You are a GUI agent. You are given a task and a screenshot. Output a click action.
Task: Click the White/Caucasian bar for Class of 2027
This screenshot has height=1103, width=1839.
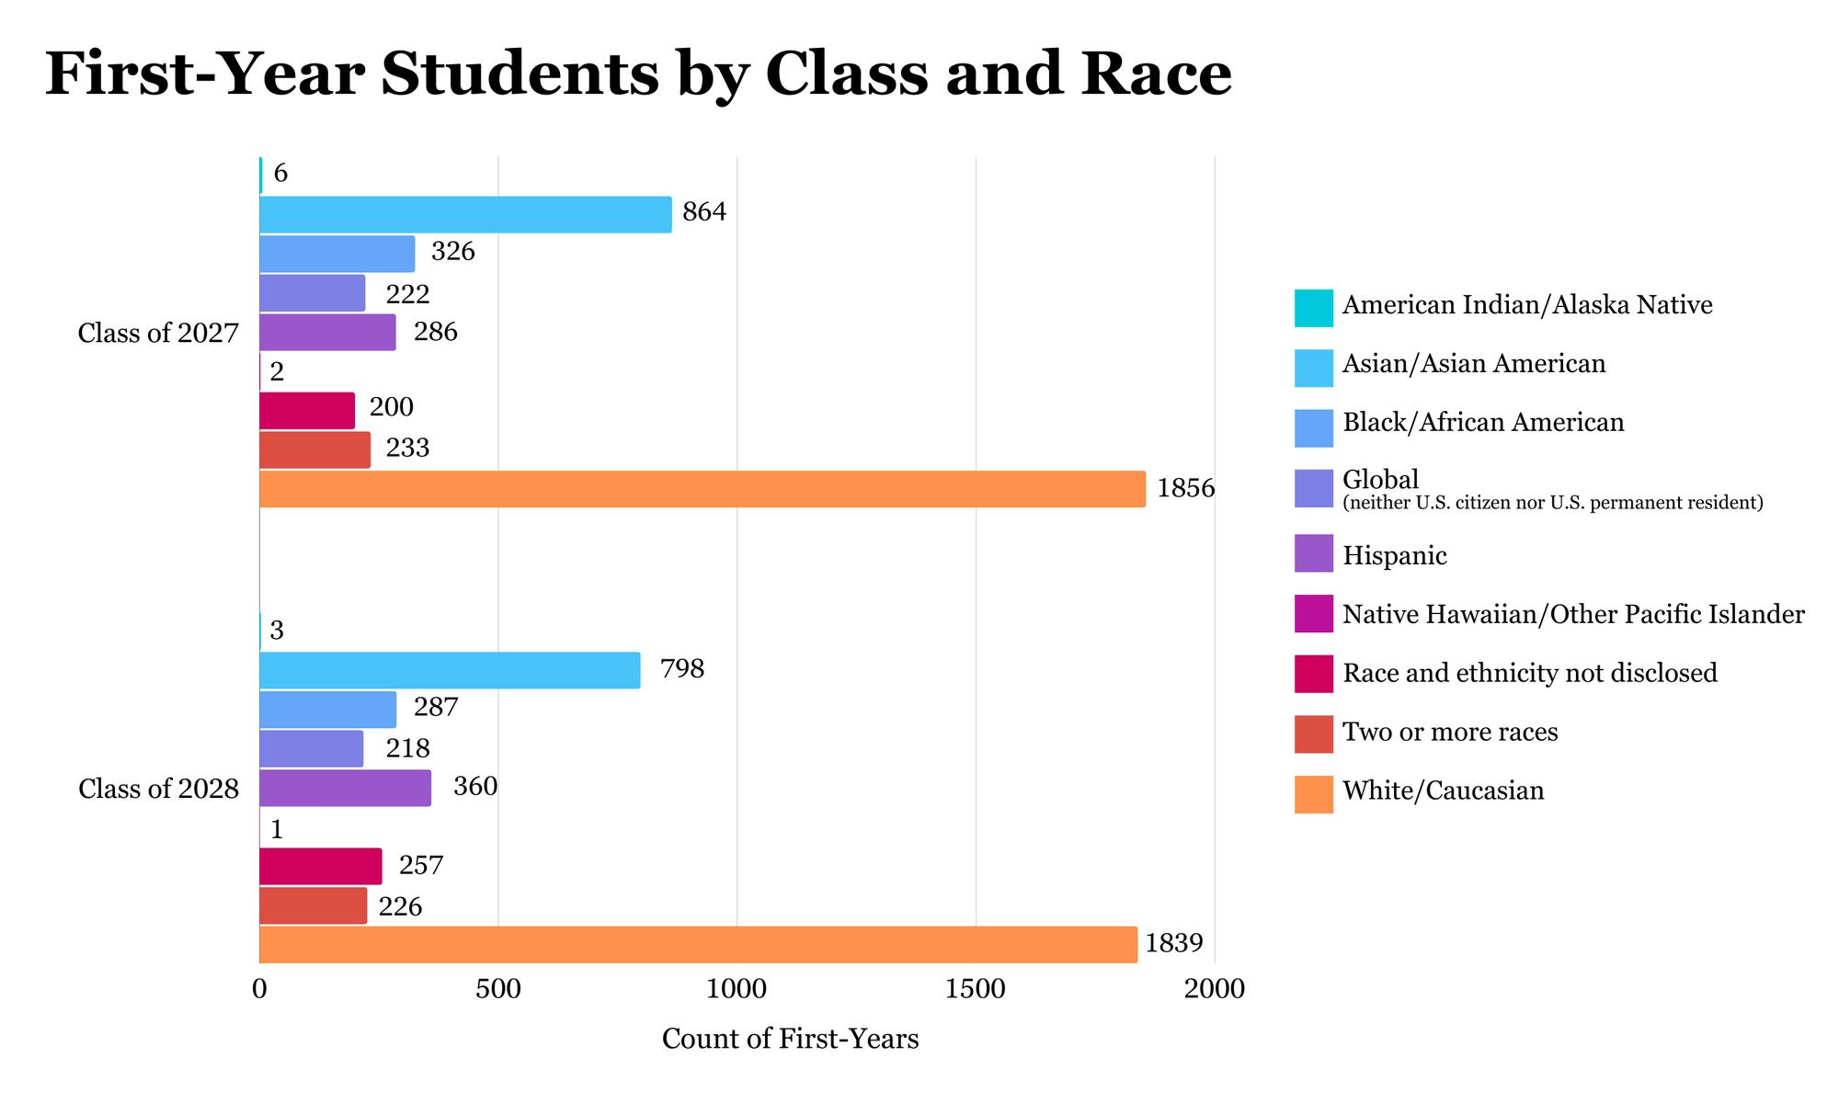[x=702, y=489]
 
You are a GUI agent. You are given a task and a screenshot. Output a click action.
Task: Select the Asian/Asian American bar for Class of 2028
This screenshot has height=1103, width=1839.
[x=450, y=670]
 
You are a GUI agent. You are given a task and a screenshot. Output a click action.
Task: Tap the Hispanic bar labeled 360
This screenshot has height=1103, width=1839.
[x=345, y=788]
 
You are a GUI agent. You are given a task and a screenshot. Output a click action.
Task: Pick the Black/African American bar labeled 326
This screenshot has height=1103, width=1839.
[x=337, y=254]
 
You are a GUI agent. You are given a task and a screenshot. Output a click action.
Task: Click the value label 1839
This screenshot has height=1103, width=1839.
[x=1173, y=943]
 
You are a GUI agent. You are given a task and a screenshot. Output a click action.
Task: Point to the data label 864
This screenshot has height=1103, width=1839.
[x=704, y=212]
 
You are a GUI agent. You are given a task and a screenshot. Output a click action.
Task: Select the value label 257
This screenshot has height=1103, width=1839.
[x=420, y=866]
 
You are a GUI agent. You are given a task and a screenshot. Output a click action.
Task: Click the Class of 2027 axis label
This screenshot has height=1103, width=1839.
[x=158, y=333]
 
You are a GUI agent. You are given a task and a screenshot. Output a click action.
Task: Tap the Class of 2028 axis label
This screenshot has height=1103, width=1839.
[x=158, y=789]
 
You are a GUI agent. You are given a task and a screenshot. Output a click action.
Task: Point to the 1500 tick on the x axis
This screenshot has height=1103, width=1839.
[x=976, y=990]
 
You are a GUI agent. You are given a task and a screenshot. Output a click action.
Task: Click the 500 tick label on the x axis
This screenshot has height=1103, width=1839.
[x=497, y=990]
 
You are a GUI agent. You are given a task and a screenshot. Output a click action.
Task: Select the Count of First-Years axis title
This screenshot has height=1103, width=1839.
[x=790, y=1040]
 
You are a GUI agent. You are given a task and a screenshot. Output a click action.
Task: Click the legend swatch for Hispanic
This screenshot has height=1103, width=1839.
[x=1313, y=556]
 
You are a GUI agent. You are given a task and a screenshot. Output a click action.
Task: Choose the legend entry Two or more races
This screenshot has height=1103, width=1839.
[x=1449, y=733]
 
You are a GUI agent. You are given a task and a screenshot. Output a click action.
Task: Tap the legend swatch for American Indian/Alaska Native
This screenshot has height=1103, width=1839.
[x=1313, y=307]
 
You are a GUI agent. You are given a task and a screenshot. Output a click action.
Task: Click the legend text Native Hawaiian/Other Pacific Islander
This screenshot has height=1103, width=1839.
[x=1572, y=615]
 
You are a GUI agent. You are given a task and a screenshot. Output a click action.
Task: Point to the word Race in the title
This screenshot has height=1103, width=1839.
[x=1156, y=74]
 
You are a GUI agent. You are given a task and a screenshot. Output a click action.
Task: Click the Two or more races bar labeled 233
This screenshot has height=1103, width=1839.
[x=314, y=450]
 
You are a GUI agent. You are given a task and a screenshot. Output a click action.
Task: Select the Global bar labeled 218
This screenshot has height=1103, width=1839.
[x=311, y=749]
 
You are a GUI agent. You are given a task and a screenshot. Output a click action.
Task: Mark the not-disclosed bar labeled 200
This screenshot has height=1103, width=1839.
[x=307, y=411]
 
